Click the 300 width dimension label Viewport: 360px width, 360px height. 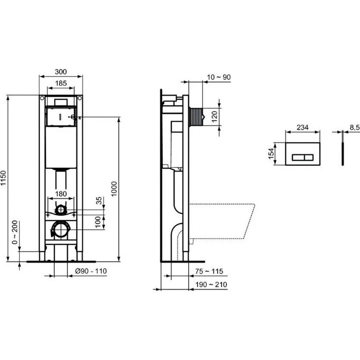click(61, 72)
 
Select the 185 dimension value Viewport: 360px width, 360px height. click(61, 83)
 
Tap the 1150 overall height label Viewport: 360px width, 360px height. click(3, 178)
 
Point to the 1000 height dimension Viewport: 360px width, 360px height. click(114, 189)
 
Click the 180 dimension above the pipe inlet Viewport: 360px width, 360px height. click(61, 194)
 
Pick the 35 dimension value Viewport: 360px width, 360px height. click(99, 201)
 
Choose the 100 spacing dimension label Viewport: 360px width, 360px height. click(98, 222)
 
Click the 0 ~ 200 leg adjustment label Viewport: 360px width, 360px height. click(15, 232)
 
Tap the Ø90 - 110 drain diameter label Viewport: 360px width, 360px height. click(91, 271)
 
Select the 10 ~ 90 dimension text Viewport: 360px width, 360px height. click(219, 77)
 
